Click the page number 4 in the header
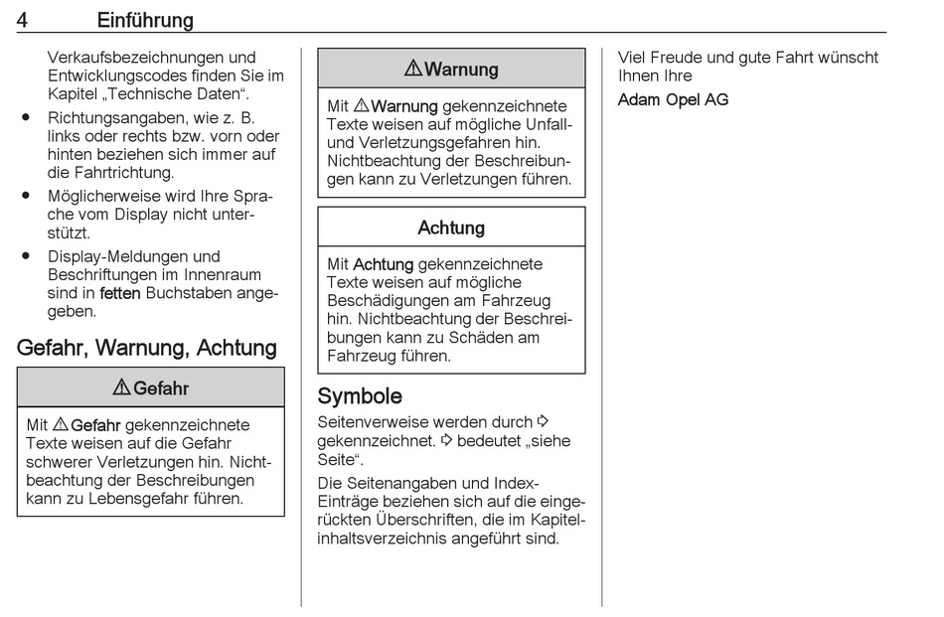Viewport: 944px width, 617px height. click(x=23, y=20)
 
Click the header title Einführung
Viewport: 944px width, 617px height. click(x=145, y=20)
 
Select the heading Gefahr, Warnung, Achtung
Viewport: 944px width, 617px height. click(x=147, y=348)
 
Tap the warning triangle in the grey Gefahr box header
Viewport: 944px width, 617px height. click(x=121, y=388)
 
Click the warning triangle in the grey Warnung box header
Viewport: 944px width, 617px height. click(x=413, y=69)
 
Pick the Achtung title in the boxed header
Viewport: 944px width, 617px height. click(x=451, y=228)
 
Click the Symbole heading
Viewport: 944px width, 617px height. click(x=360, y=396)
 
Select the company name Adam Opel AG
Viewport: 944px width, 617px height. click(x=673, y=99)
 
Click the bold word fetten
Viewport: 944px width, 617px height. click(x=120, y=293)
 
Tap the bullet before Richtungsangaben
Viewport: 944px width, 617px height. click(x=26, y=117)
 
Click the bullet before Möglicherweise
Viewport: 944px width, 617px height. click(x=26, y=197)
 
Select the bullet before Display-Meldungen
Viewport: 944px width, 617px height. click(x=26, y=256)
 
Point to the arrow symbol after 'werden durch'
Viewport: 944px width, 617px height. click(x=543, y=421)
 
